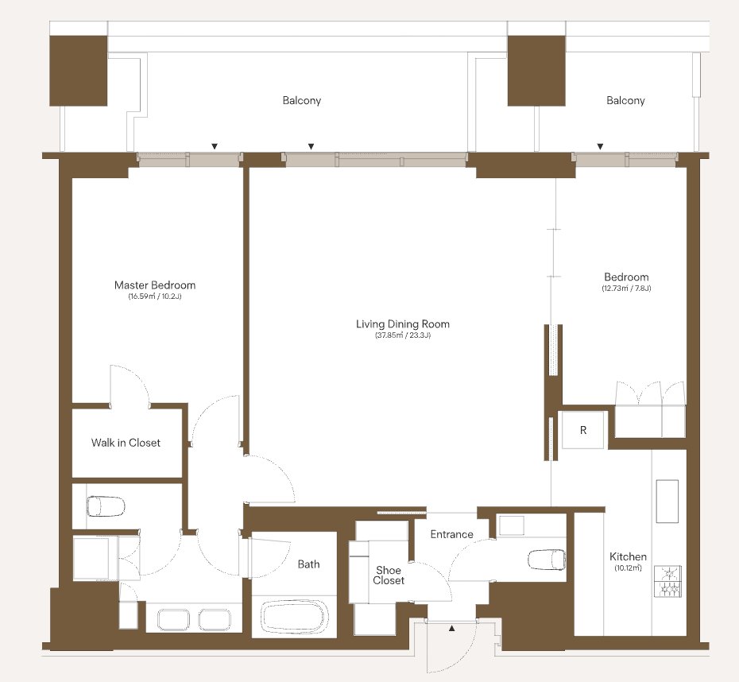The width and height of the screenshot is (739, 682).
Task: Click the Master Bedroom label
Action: click(x=155, y=285)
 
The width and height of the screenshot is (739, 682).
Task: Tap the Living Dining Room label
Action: click(x=403, y=324)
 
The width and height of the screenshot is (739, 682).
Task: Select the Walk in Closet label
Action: click(x=126, y=443)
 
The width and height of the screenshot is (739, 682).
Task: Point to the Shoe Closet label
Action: click(x=389, y=575)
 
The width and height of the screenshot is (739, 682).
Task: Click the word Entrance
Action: click(x=451, y=534)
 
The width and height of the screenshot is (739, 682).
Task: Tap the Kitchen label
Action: click(x=628, y=556)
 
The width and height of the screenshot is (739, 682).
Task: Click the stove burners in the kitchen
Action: click(x=667, y=581)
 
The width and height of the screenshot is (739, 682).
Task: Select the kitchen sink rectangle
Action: click(x=667, y=501)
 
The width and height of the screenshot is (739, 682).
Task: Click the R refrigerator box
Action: click(x=583, y=430)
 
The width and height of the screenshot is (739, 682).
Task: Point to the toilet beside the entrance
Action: click(x=546, y=560)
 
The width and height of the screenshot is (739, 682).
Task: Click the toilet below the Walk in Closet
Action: click(x=106, y=506)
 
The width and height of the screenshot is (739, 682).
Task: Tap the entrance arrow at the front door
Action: click(x=452, y=628)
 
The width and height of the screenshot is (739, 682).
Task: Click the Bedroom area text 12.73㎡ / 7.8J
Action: click(x=626, y=288)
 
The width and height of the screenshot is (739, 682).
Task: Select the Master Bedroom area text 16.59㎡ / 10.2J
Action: click(x=155, y=296)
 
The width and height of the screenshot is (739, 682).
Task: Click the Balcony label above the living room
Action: click(x=302, y=100)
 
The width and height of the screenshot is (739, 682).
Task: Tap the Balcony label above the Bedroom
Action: click(x=625, y=100)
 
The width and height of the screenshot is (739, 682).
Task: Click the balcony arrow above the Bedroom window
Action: click(x=600, y=146)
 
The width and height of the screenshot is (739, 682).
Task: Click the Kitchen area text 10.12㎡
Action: click(x=628, y=568)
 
